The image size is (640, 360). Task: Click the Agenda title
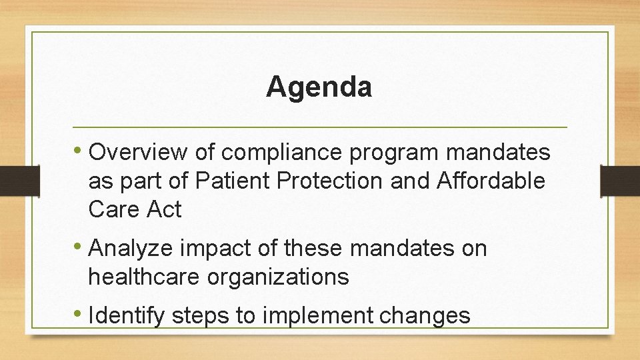point(319,87)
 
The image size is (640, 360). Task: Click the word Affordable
point(491,181)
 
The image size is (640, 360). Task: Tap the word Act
point(164,209)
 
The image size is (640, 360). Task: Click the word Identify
point(127,315)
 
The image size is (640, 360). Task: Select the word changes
point(425,316)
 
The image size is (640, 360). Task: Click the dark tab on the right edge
point(619,181)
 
